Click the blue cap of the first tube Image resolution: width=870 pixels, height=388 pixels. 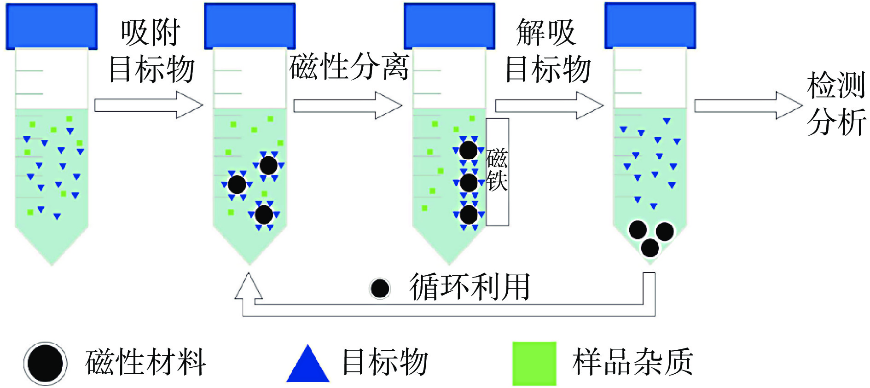tap(52, 26)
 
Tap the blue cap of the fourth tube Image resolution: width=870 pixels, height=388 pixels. tap(650, 26)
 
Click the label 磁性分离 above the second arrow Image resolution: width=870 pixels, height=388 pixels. tap(349, 67)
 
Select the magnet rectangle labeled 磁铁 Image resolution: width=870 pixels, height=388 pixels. tap(497, 172)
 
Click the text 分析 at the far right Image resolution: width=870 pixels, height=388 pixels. tap(836, 122)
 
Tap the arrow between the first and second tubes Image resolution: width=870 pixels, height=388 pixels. tap(148, 105)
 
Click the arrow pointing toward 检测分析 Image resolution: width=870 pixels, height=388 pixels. tap(748, 105)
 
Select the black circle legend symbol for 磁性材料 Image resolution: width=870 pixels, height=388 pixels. tap(45, 363)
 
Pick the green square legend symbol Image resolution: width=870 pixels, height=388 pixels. tap(534, 363)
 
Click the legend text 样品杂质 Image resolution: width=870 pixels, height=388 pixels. tap(632, 362)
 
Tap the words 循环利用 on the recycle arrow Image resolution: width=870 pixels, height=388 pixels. tap(470, 287)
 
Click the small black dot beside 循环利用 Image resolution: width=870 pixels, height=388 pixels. tap(380, 289)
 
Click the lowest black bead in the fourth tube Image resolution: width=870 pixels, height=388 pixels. tap(650, 248)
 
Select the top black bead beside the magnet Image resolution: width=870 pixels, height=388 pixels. tap(469, 150)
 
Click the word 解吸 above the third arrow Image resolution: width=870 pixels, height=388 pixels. tap(546, 33)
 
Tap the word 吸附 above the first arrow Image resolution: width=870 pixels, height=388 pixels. tap(150, 33)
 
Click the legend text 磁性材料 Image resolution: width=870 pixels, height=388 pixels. tap(145, 362)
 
